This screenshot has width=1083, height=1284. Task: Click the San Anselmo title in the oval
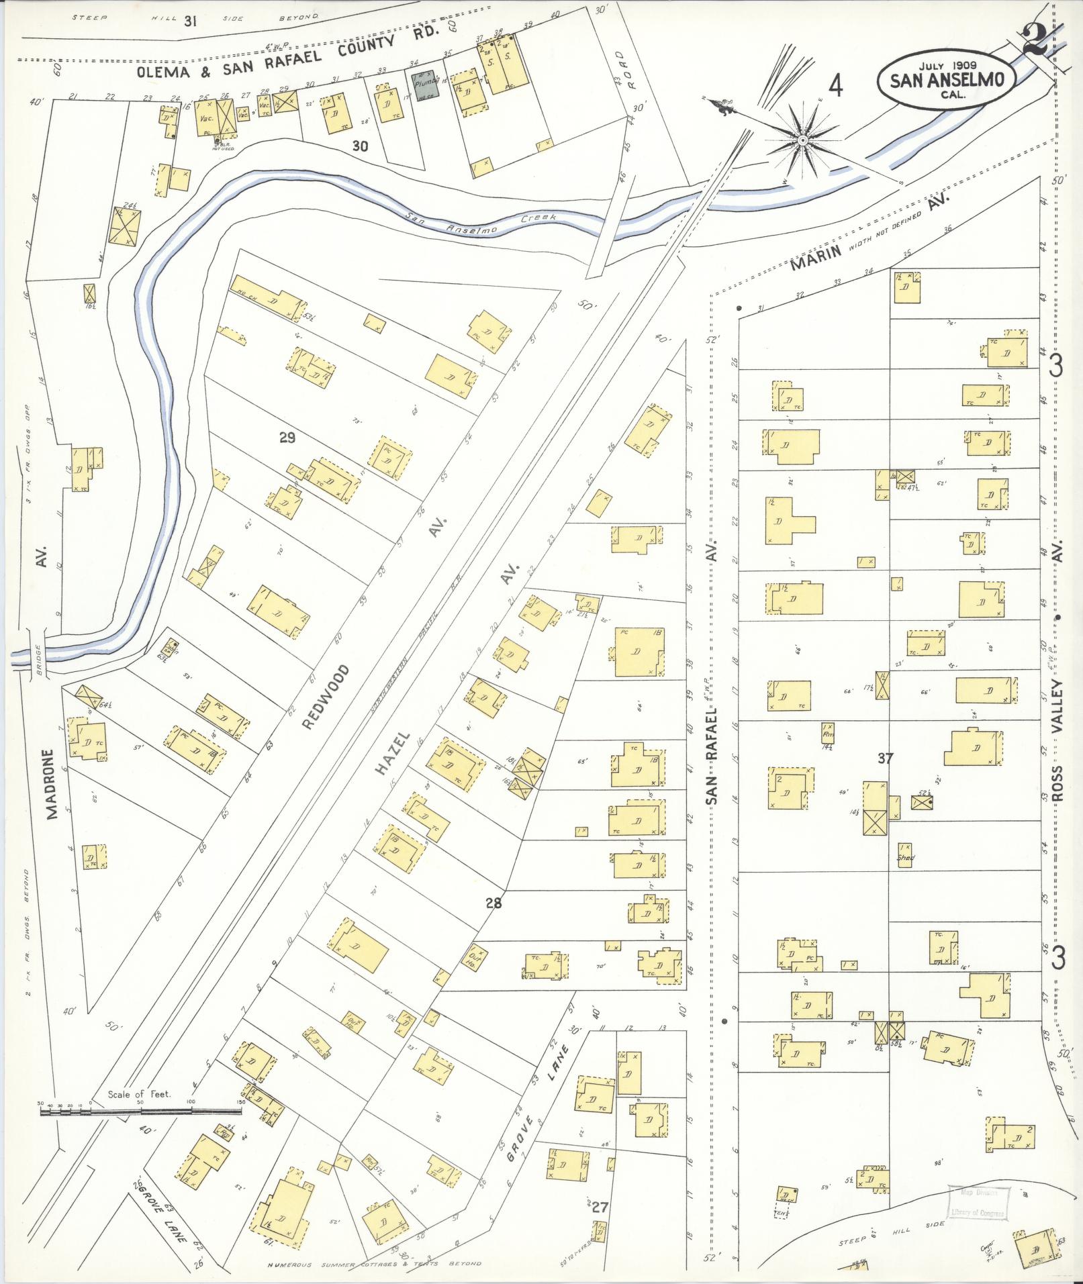click(947, 80)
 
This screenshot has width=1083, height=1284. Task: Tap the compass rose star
click(802, 140)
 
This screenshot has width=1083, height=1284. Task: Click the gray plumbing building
click(425, 86)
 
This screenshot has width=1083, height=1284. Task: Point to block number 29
click(287, 438)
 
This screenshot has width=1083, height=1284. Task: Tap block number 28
click(493, 903)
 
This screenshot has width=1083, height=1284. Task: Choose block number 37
click(886, 758)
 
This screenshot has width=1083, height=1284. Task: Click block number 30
click(360, 146)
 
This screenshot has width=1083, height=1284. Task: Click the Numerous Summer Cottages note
click(374, 1263)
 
